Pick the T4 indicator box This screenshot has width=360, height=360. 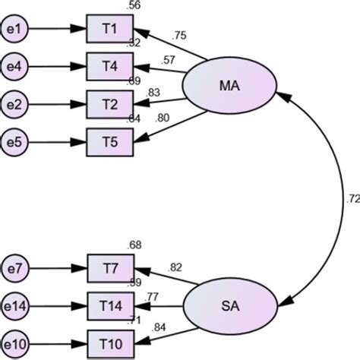click(x=109, y=65)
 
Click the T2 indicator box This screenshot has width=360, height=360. click(x=109, y=103)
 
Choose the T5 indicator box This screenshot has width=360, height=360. click(x=109, y=140)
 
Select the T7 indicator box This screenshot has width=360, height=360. click(x=109, y=267)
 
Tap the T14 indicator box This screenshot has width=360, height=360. click(x=109, y=305)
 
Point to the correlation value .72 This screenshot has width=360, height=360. click(x=351, y=200)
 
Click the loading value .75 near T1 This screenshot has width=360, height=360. click(x=178, y=34)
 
